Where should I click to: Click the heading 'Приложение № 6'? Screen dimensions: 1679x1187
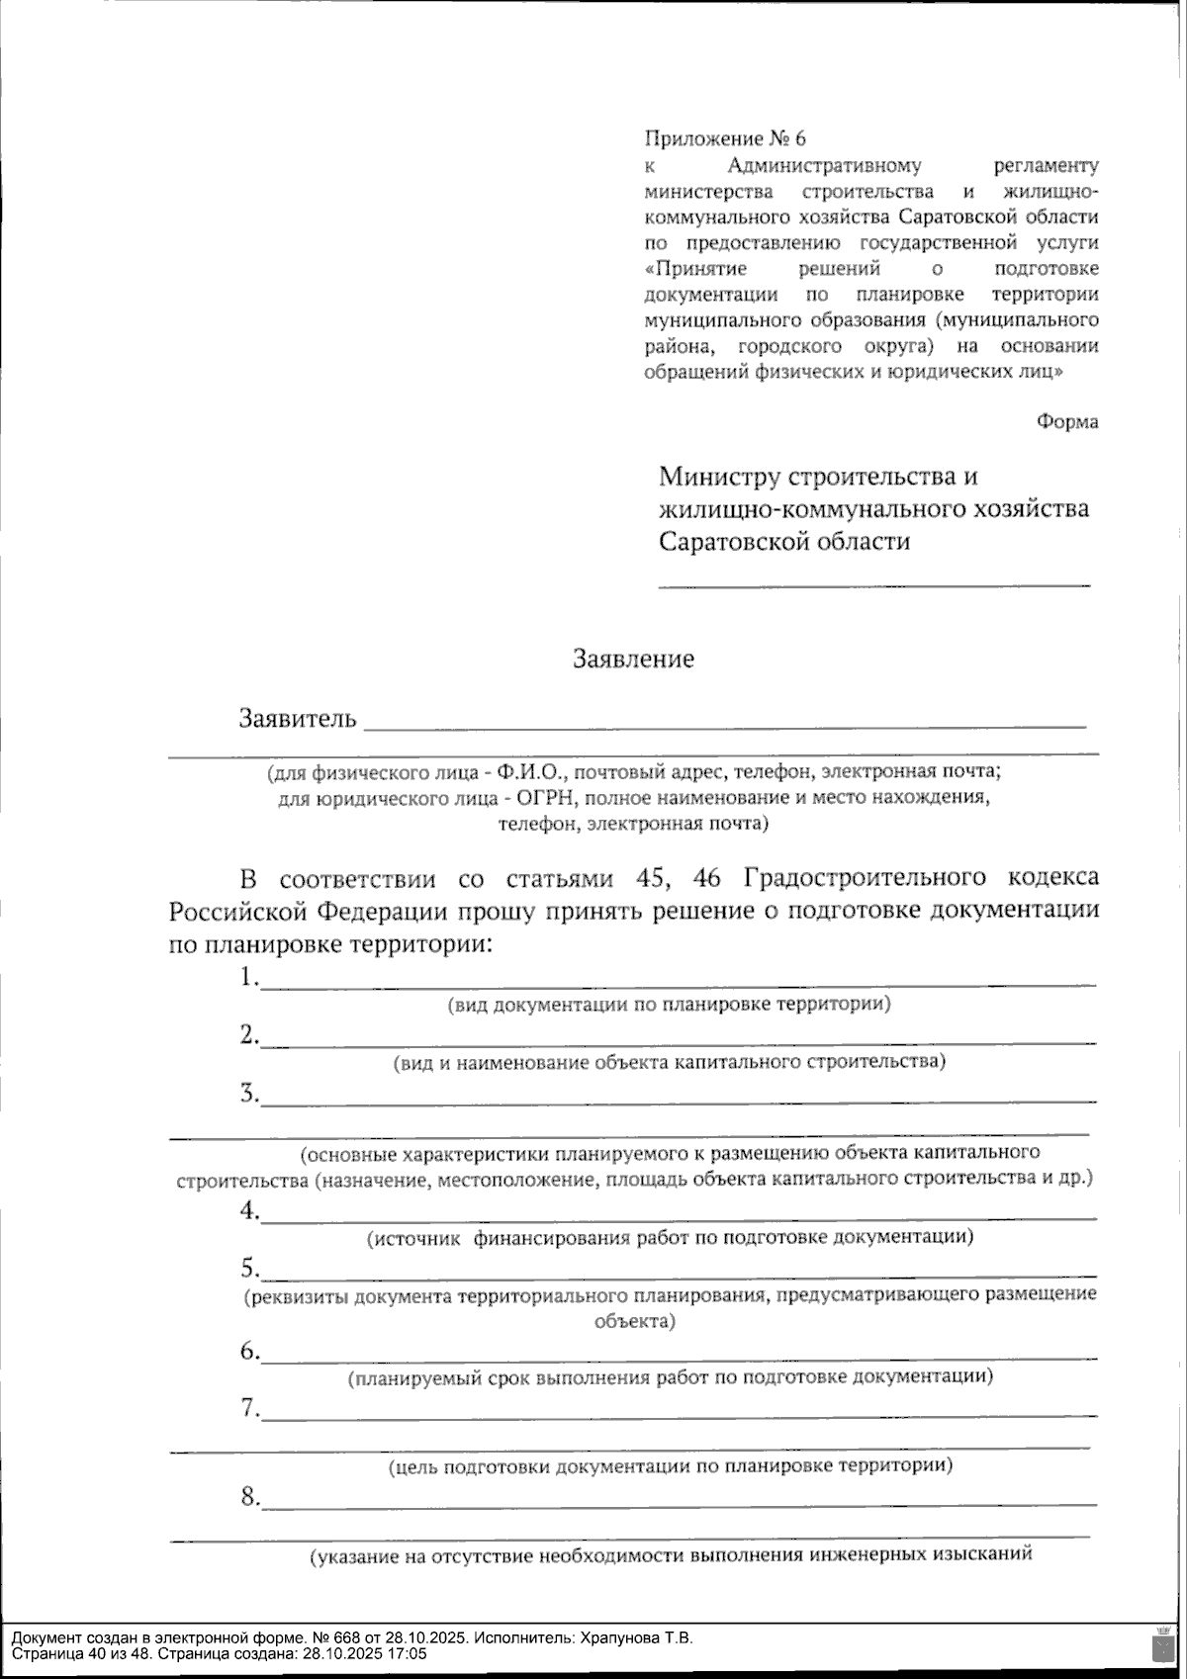point(724,138)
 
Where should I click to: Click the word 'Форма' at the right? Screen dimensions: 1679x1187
point(1066,422)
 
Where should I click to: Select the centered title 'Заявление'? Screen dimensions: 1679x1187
point(633,659)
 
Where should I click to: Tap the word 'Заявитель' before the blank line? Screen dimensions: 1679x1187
point(297,718)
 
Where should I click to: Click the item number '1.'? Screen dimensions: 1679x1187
point(248,977)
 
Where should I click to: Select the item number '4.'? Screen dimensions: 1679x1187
point(248,1210)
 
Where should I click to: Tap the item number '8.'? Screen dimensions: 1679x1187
point(249,1496)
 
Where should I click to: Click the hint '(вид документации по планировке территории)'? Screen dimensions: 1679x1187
point(670,1005)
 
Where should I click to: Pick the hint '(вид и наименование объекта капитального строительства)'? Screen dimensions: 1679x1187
point(670,1062)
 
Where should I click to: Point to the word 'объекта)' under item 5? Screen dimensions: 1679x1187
point(635,1320)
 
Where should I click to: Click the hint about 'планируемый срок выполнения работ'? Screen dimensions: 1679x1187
point(670,1375)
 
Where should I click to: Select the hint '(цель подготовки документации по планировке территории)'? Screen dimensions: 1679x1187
point(670,1464)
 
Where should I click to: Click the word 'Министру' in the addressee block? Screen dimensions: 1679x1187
point(720,478)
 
